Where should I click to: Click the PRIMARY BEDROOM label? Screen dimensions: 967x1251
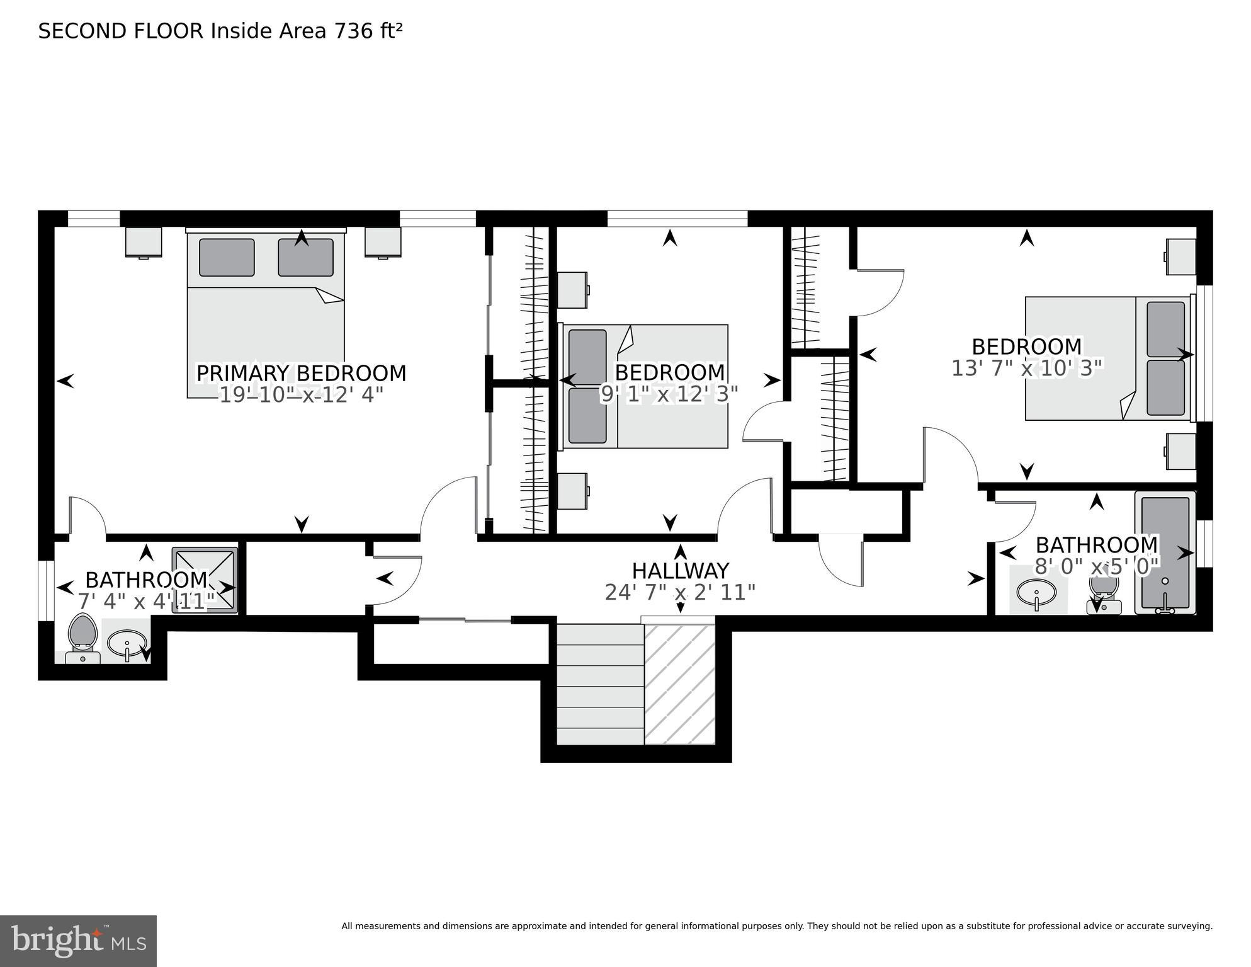(301, 373)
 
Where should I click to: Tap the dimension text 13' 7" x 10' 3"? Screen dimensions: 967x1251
(1027, 368)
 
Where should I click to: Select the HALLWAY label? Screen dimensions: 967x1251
(680, 571)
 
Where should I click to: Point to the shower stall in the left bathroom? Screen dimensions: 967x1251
(205, 580)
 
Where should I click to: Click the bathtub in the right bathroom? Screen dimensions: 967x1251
(1165, 553)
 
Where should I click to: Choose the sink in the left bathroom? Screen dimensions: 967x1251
(127, 643)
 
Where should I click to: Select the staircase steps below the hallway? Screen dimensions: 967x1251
(600, 684)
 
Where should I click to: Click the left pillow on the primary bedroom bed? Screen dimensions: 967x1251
(227, 257)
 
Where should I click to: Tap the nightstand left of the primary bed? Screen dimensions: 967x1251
(144, 243)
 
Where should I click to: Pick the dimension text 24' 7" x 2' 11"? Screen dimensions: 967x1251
(680, 593)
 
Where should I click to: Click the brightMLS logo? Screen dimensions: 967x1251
(78, 941)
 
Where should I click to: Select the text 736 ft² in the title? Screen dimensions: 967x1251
(368, 31)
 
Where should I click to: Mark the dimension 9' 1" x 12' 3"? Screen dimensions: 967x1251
(669, 394)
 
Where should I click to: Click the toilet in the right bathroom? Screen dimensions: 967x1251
(1104, 594)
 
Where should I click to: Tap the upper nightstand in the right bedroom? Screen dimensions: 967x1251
(1180, 256)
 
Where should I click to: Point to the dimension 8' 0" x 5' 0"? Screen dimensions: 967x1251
(1097, 566)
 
